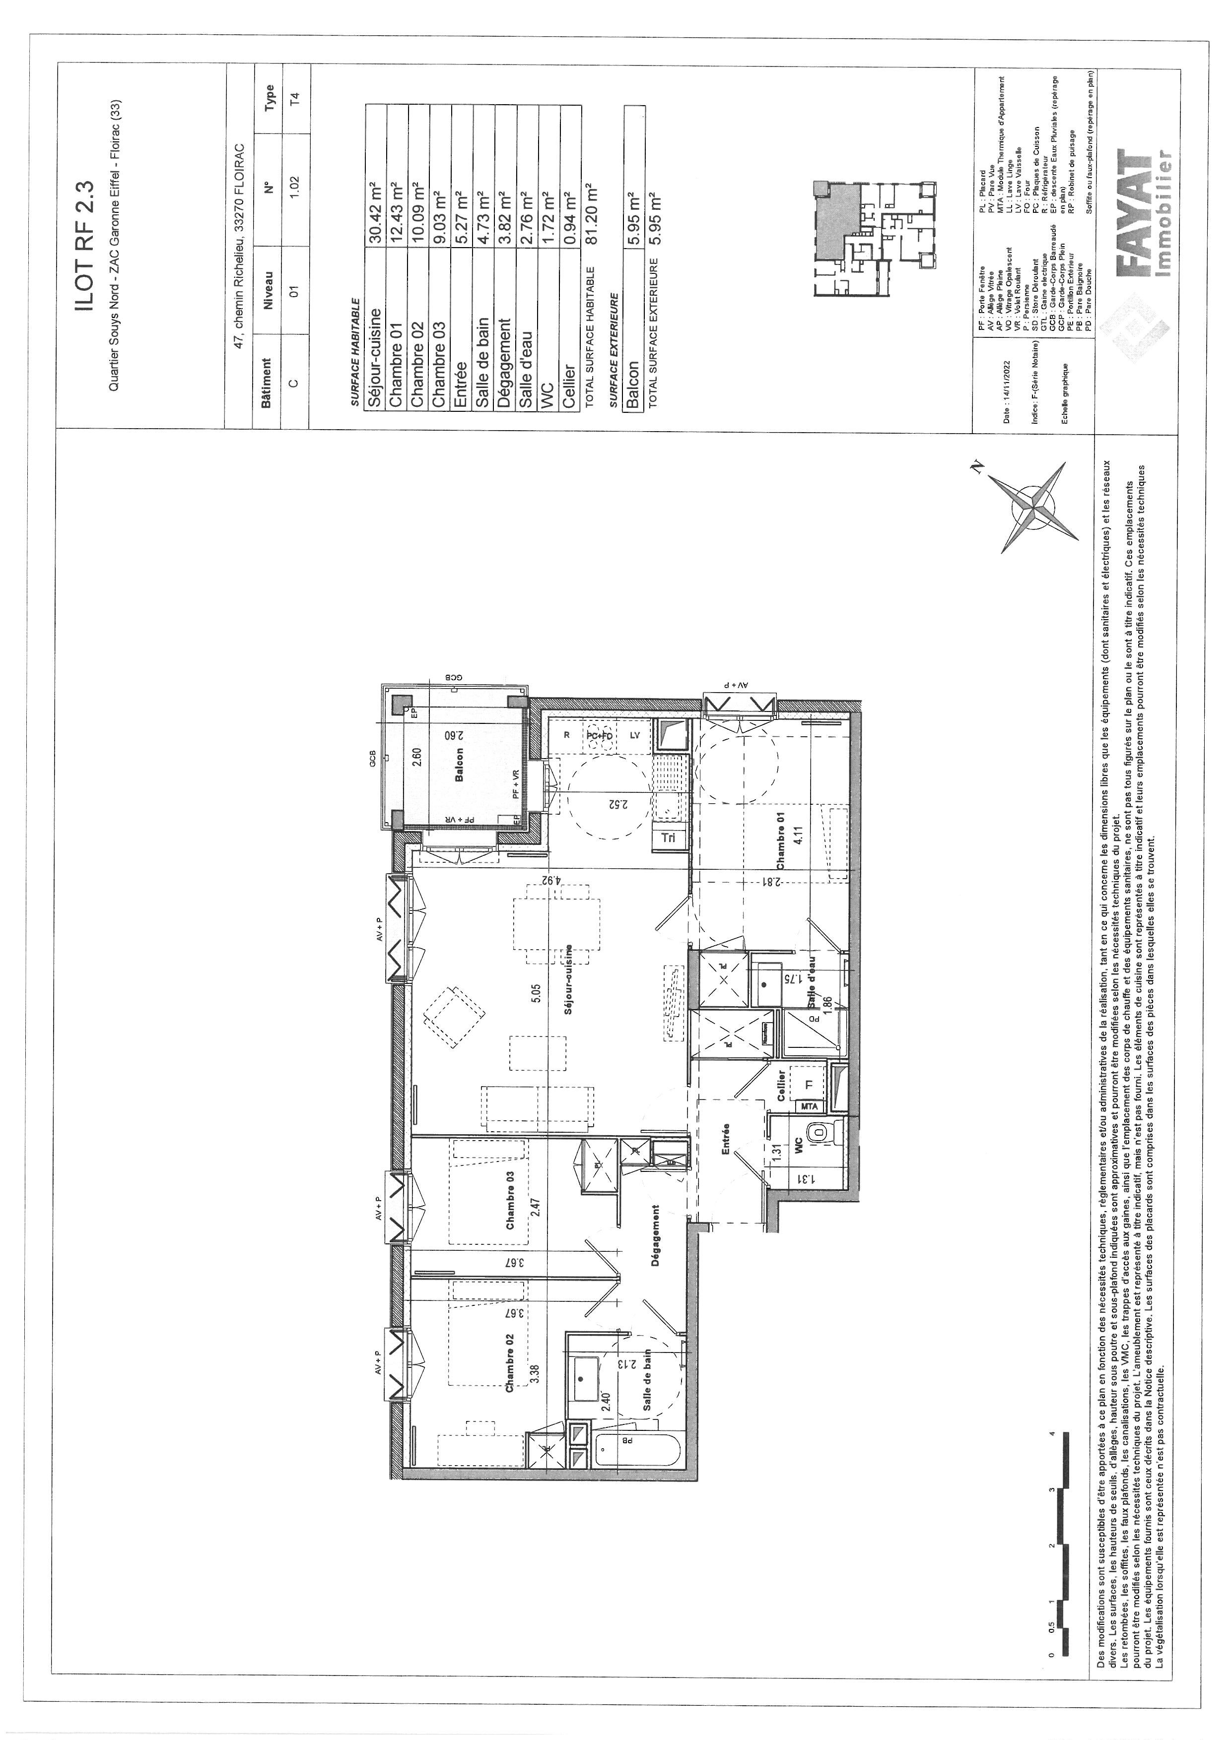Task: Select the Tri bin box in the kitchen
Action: pyautogui.click(x=669, y=838)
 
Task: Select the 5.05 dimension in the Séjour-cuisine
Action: pyautogui.click(x=536, y=993)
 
